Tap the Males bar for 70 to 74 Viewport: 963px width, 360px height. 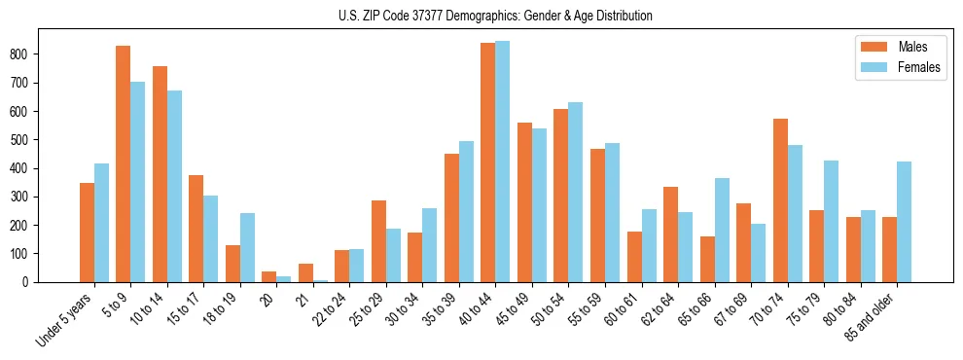780,200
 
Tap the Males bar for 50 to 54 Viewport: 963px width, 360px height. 561,196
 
